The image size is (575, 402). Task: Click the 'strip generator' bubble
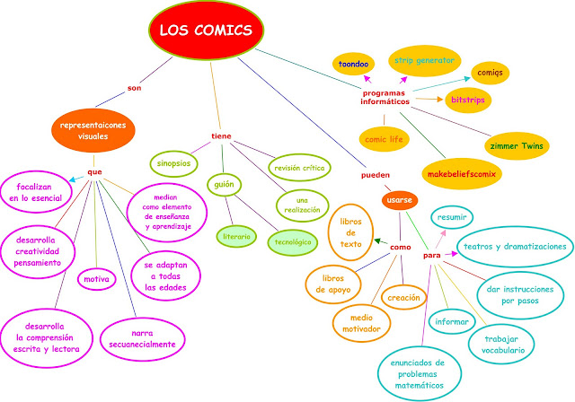click(x=425, y=60)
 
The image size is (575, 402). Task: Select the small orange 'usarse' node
click(x=400, y=199)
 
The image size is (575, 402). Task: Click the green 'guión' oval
click(x=221, y=187)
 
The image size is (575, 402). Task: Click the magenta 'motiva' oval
click(x=96, y=279)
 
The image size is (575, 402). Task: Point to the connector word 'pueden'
click(x=375, y=175)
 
